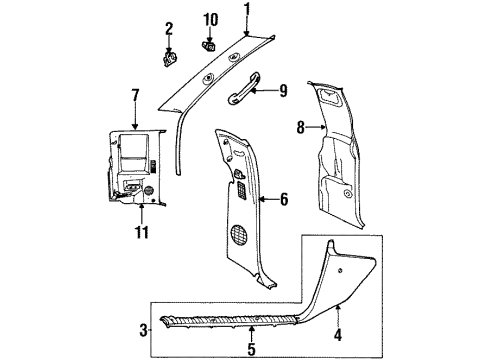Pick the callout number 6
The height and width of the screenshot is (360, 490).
pos(284,200)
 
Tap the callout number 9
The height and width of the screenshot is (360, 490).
pos(284,91)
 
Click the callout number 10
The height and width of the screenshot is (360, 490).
pos(210,19)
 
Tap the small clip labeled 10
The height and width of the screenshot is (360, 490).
pos(210,44)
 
